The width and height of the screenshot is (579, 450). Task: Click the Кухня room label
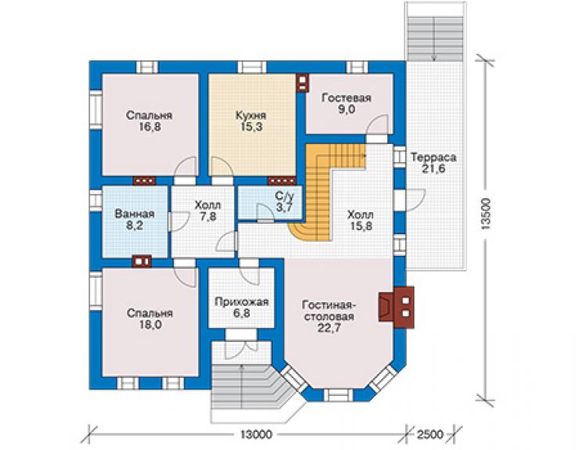pos(250,115)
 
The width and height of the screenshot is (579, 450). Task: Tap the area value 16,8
pos(149,127)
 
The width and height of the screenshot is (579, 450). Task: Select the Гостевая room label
pos(346,98)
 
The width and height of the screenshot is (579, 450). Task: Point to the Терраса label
pos(433,157)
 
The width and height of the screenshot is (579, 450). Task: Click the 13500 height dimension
pos(487,214)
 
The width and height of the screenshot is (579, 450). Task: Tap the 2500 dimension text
pos(430,434)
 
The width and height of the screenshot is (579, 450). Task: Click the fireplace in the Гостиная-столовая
pos(395,307)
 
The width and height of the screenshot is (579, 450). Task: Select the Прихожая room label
pos(242,302)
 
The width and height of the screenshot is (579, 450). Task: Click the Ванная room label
pos(135,214)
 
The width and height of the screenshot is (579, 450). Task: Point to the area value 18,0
pos(150,325)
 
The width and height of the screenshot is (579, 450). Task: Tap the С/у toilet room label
pos(284,196)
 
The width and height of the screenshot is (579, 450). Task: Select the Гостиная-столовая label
pos(329,311)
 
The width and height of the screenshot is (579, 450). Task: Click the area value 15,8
pos(360,225)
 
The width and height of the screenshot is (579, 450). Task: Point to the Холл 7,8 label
pos(208,211)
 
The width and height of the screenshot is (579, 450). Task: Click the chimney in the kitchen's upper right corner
pos(302,82)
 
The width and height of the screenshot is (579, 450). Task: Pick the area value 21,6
pos(434,169)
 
